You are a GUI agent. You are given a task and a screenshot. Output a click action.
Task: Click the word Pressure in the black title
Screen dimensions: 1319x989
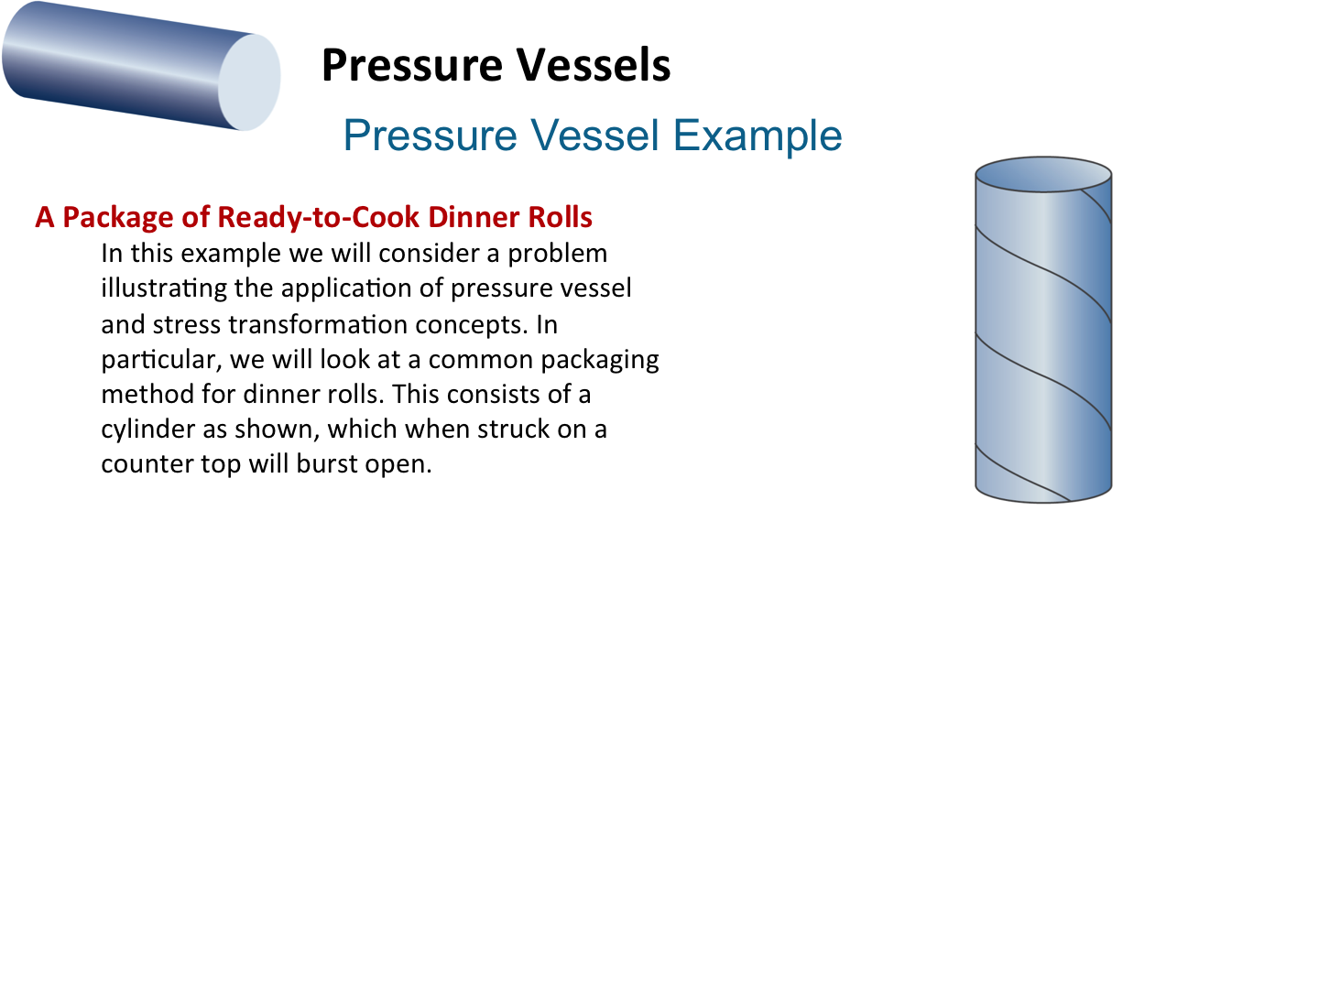coord(411,65)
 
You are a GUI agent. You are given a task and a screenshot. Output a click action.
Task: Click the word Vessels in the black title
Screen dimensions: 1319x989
coord(594,65)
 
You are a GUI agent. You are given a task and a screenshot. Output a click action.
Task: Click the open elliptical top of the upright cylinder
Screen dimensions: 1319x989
coord(1043,175)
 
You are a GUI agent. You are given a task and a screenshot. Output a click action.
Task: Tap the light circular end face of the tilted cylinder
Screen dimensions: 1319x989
coord(249,82)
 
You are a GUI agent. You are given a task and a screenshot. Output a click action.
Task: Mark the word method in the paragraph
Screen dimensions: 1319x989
coord(147,395)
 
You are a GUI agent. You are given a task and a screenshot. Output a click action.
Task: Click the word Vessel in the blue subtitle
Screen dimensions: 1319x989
coord(594,136)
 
